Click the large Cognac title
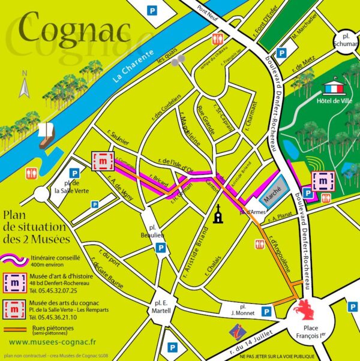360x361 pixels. [75, 29]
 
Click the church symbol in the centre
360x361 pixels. [218, 214]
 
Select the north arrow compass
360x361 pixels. [25, 85]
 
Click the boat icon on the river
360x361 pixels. [44, 136]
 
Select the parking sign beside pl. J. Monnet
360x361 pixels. [265, 312]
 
